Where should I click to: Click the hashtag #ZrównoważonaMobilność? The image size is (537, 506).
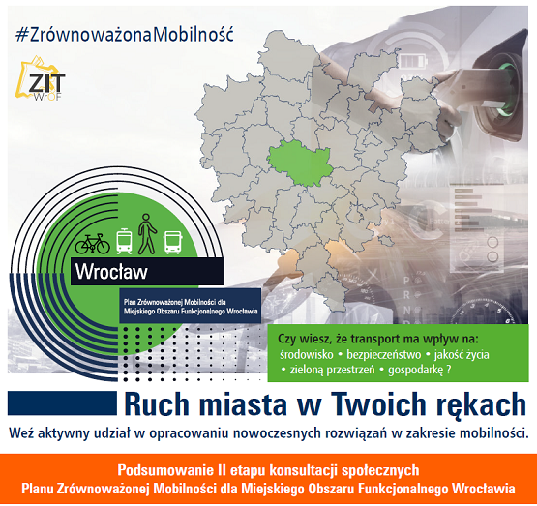[124, 35]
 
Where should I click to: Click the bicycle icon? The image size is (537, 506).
[93, 244]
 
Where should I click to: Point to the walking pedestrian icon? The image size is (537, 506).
[147, 234]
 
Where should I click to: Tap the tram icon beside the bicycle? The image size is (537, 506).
[124, 242]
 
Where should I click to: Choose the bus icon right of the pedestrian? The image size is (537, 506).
[172, 243]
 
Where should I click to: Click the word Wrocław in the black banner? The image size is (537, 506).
[111, 272]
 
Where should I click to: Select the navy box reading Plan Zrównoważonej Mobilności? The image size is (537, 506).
[190, 306]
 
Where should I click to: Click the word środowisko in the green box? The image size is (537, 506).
[306, 355]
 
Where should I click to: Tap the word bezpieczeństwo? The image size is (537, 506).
[383, 355]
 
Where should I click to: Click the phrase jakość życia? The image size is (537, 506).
[462, 355]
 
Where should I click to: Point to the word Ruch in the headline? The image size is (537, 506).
[157, 404]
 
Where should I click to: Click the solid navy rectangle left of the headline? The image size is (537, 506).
[62, 403]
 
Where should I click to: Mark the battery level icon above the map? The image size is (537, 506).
[413, 63]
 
